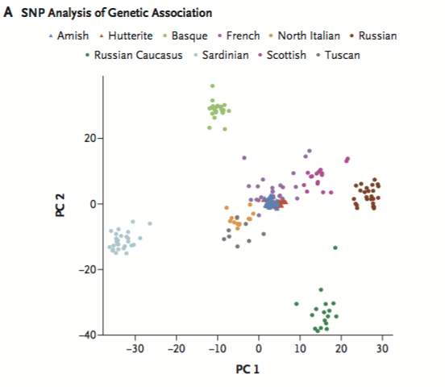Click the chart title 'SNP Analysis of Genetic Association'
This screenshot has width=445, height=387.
point(117,13)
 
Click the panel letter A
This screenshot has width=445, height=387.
point(8,12)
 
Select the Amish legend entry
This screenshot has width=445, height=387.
point(69,35)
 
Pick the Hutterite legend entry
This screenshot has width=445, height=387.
point(126,35)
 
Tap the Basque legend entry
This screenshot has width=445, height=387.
point(185,36)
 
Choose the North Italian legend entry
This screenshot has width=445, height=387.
point(305,35)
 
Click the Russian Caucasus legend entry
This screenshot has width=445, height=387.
point(134,55)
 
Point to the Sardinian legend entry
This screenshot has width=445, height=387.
point(222,55)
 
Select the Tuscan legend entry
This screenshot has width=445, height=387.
point(339,55)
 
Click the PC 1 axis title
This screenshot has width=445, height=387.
point(247,369)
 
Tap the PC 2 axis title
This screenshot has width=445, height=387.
point(60,206)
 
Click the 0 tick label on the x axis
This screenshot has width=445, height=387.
point(259,348)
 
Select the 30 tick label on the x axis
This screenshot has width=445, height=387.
point(382,348)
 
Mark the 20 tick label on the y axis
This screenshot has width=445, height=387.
point(90,139)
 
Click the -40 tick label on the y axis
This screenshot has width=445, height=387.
point(87,335)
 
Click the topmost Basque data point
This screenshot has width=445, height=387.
point(212,85)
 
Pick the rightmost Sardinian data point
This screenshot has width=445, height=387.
point(150,223)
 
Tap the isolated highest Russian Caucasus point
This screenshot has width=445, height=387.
point(335,248)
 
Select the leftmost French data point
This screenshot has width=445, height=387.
point(244,157)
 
